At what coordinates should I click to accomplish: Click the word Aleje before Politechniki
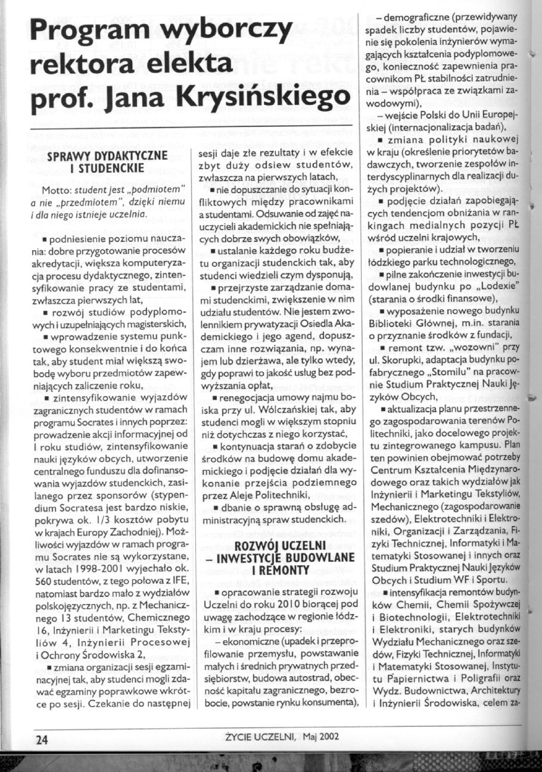[x=253, y=492]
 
